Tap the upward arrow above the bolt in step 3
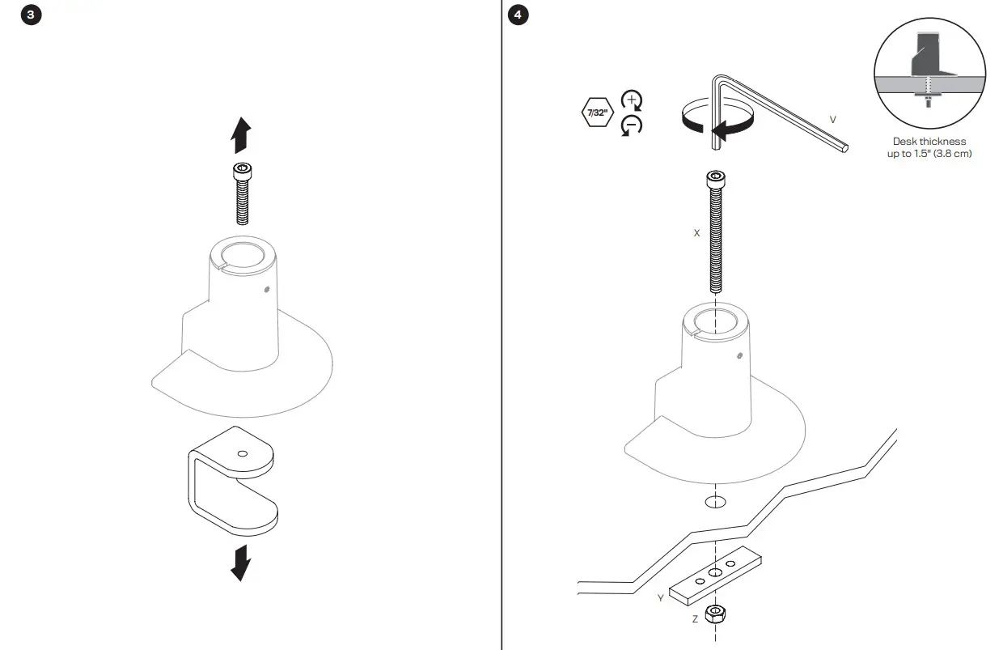241,134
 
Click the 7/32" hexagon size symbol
596,113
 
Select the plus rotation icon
631,100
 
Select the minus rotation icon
631,125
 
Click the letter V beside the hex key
832,120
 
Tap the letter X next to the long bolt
696,232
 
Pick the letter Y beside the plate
661,598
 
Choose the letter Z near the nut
694,618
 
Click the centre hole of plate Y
715,573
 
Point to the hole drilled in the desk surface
715,502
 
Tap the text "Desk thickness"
929,142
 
